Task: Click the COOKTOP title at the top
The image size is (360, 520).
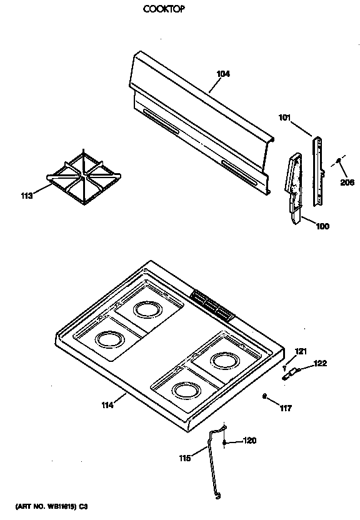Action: point(164,10)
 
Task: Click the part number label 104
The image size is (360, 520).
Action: point(223,74)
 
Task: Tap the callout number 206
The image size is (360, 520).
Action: point(347,182)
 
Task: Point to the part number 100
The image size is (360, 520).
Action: point(322,226)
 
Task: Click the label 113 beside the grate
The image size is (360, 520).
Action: point(27,195)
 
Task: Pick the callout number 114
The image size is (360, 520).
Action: point(107,406)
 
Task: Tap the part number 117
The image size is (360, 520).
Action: point(286,409)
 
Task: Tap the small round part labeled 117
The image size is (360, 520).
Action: point(266,396)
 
